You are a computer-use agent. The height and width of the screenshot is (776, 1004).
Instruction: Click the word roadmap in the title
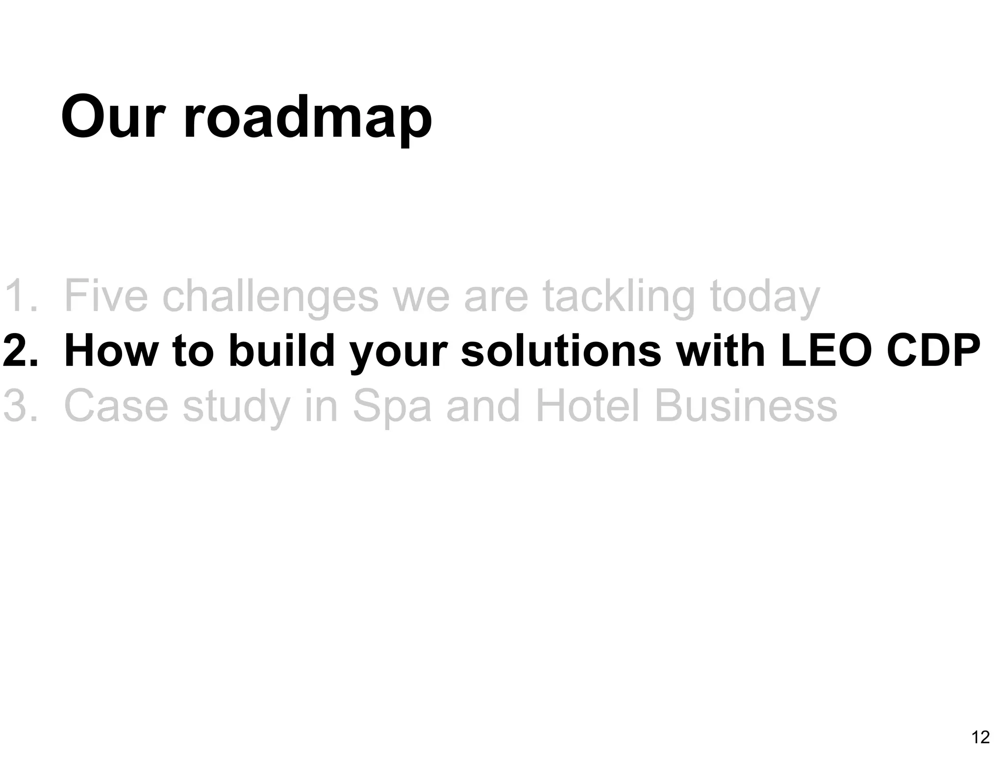(307, 120)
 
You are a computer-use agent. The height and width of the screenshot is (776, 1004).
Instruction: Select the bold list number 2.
(20, 351)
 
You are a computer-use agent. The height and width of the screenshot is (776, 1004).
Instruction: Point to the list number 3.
(20, 406)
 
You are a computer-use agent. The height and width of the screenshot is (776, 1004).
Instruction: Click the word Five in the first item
(106, 296)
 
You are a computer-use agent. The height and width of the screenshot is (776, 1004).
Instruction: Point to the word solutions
(561, 351)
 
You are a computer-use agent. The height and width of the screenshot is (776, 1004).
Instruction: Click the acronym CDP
(931, 351)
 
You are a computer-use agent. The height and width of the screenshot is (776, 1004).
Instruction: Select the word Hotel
(588, 406)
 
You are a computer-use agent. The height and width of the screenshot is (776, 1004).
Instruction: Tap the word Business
(746, 406)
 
